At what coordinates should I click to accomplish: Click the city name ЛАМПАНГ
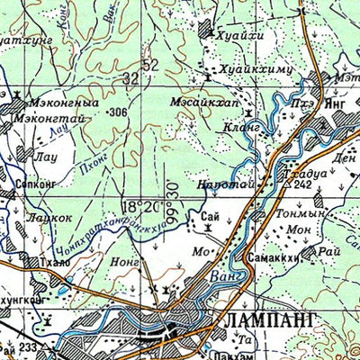point(263,319)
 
